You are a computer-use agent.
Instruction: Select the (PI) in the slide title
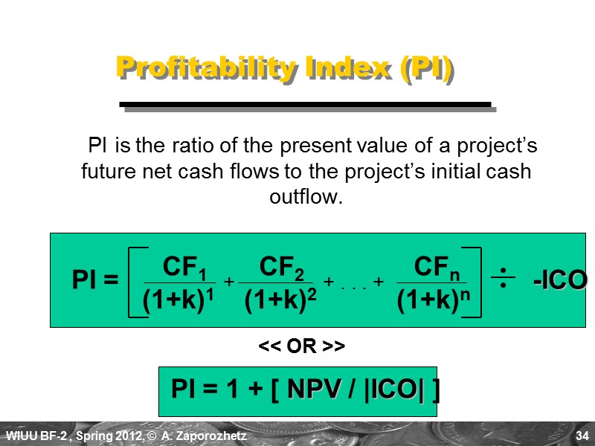point(426,68)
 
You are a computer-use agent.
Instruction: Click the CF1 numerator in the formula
point(184,266)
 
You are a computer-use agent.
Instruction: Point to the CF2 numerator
point(282,266)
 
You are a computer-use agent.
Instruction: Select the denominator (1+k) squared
point(281,300)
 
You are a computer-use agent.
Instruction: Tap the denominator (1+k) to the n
point(434,300)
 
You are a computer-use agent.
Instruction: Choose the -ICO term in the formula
point(559,281)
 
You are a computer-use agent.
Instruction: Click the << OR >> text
point(300,347)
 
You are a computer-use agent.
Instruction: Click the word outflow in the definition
point(305,198)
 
